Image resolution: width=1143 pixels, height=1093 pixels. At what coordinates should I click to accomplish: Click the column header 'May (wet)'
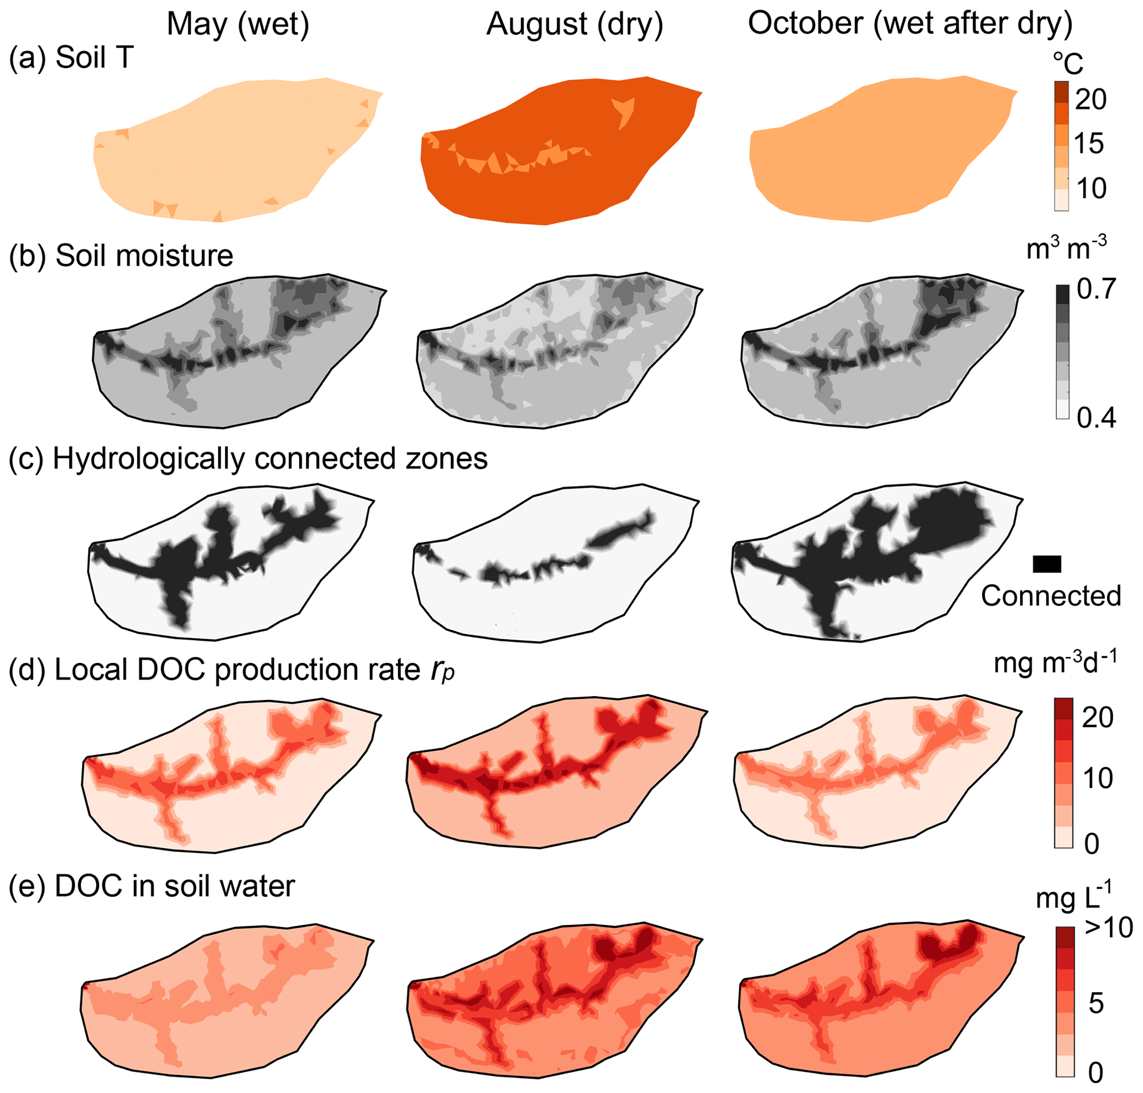pyautogui.click(x=238, y=25)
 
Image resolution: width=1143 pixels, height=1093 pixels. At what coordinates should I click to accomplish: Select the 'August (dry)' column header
pyautogui.click(x=575, y=25)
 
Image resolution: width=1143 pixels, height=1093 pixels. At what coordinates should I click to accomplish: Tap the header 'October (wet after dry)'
pyautogui.click(x=910, y=24)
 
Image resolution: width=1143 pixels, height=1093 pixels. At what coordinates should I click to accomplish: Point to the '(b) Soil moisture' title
pyautogui.click(x=121, y=256)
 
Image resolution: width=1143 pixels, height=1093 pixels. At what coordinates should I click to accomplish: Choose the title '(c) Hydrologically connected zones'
pyautogui.click(x=248, y=459)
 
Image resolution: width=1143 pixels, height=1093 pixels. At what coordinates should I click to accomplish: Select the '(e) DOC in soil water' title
pyautogui.click(x=152, y=886)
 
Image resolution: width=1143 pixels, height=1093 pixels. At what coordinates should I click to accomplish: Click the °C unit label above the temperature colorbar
pyautogui.click(x=1068, y=63)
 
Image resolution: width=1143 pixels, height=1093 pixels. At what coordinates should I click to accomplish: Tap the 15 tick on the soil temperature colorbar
pyautogui.click(x=1089, y=143)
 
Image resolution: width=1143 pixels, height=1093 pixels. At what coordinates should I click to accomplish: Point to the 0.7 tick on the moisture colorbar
pyautogui.click(x=1097, y=289)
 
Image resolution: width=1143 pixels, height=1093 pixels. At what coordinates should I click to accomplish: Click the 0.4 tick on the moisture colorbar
pyautogui.click(x=1097, y=418)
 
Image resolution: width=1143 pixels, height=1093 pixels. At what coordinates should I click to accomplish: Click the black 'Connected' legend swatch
pyautogui.click(x=1047, y=564)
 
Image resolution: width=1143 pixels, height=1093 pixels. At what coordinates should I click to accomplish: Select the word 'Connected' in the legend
pyautogui.click(x=1051, y=596)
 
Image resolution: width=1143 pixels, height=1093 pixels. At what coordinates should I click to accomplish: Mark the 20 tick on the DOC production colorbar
pyautogui.click(x=1098, y=717)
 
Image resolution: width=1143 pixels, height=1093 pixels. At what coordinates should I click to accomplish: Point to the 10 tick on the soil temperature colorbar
pyautogui.click(x=1090, y=188)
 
